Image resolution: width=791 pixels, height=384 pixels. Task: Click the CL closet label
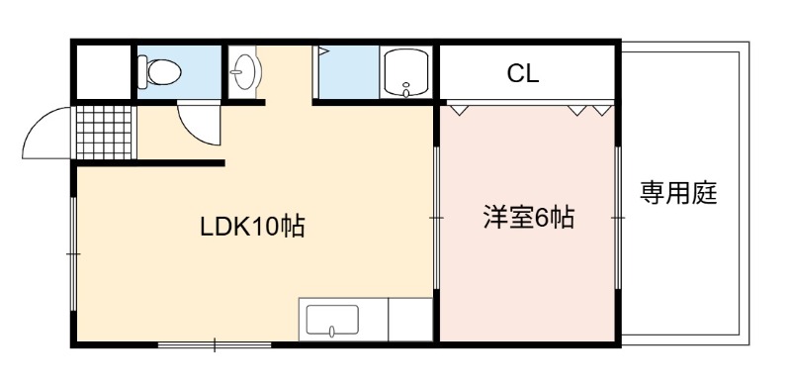point(523,74)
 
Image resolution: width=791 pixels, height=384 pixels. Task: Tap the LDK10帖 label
point(252,227)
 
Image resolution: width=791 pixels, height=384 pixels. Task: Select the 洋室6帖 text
point(529,218)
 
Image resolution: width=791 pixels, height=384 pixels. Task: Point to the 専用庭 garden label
point(678,193)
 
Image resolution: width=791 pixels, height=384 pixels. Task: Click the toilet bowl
point(159,72)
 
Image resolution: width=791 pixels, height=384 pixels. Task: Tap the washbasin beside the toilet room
point(245,71)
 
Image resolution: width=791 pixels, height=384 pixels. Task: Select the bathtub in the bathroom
point(406,72)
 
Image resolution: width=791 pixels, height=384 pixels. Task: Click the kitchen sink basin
point(332,320)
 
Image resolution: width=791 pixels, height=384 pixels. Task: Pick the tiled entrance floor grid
point(104,133)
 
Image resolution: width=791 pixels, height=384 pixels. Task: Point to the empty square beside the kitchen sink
point(410,320)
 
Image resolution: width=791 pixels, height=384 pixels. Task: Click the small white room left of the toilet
point(104,71)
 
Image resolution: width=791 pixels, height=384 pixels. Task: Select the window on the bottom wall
point(215,345)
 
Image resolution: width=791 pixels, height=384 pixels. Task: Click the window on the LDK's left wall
point(73,253)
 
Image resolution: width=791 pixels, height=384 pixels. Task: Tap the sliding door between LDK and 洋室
point(436,218)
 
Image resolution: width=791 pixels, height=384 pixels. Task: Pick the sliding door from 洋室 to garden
point(618,218)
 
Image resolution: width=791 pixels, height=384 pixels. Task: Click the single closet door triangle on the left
point(459,110)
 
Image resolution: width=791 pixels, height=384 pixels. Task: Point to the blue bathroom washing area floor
point(348,72)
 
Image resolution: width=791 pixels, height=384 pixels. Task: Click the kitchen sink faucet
point(332,332)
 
